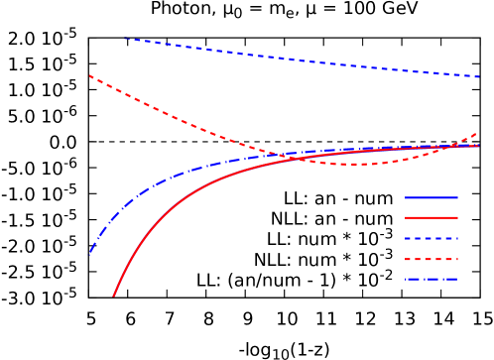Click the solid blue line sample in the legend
pos(431,197)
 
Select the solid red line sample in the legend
pos(431,217)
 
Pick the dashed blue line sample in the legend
pos(431,239)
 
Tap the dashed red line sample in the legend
pos(431,259)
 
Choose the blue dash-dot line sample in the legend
pos(431,280)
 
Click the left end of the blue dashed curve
pos(125,39)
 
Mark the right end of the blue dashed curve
pos(479,76)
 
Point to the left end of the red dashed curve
pos(89,75)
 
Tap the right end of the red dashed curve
pos(479,132)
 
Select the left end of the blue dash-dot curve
pos(89,255)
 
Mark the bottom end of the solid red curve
pos(113,296)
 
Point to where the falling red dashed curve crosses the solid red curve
pos(298,158)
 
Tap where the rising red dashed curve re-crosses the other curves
pos(455,146)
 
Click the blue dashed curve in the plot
pos(298,60)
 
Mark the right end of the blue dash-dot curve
pos(479,146)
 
